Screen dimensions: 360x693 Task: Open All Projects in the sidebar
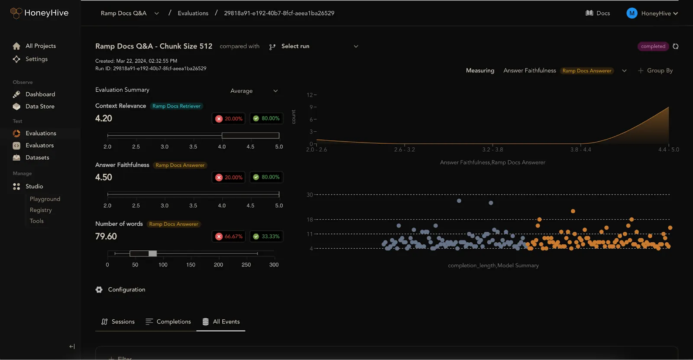point(40,46)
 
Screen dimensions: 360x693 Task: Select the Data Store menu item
point(40,107)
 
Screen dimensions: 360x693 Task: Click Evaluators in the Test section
point(39,146)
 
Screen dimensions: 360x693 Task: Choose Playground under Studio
point(45,199)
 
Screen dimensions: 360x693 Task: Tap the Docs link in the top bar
point(598,13)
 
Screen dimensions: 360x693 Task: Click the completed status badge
point(653,46)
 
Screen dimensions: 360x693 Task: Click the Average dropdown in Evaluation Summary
point(254,91)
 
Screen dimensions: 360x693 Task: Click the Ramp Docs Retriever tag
point(176,106)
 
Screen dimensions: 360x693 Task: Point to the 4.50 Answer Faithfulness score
point(104,177)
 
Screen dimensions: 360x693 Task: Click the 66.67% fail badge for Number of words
point(229,237)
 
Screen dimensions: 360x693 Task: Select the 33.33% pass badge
point(266,237)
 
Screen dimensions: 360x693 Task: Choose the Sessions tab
point(118,322)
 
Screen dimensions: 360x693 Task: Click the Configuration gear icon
point(99,290)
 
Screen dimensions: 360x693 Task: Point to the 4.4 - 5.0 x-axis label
point(668,149)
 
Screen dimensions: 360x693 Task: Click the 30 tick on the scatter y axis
point(310,195)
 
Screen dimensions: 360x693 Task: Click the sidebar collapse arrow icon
point(72,347)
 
